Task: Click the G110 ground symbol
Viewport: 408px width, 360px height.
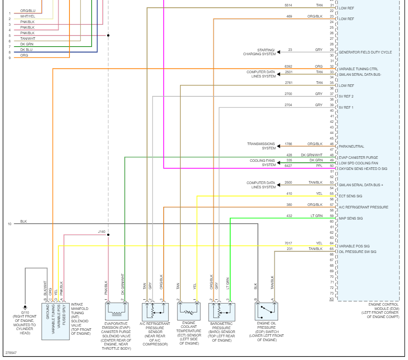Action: [25, 306]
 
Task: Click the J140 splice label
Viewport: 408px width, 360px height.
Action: [101, 232]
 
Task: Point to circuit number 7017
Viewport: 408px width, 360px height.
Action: [288, 243]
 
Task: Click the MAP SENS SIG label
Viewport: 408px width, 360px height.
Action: [351, 218]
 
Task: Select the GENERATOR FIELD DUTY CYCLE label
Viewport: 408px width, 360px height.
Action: [365, 52]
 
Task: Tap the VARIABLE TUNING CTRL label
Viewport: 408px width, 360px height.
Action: [358, 69]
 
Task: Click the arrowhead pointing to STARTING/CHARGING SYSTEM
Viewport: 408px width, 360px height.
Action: [279, 52]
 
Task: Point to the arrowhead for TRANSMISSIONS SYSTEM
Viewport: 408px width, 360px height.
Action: [279, 146]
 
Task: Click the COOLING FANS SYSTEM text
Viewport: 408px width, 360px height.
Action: [263, 163]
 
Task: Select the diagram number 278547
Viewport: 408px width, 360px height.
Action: [12, 353]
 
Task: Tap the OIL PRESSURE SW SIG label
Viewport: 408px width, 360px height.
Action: [357, 252]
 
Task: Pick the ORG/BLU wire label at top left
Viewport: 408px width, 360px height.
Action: [28, 11]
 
